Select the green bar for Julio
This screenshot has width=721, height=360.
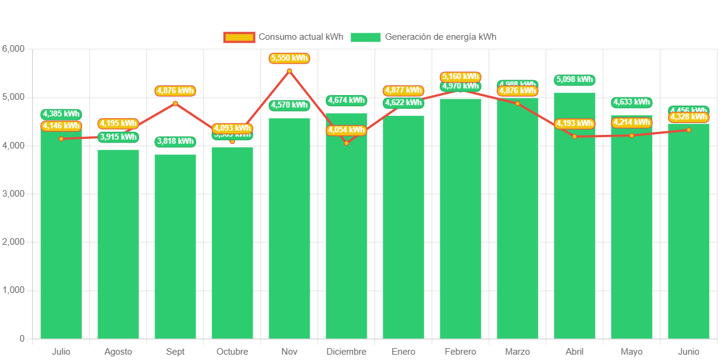click(x=61, y=238)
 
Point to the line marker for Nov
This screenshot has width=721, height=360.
click(x=289, y=71)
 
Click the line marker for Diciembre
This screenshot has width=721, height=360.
click(x=347, y=143)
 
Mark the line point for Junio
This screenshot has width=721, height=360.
click(x=689, y=130)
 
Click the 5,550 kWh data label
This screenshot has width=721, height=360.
click(x=289, y=58)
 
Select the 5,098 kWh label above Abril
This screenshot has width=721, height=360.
click(x=575, y=80)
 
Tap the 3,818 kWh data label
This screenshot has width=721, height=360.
click(x=175, y=141)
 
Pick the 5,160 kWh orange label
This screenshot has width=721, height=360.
click(x=461, y=77)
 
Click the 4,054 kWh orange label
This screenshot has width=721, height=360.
click(x=347, y=130)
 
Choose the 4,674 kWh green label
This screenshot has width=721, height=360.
click(x=347, y=100)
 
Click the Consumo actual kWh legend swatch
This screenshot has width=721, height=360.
click(x=239, y=37)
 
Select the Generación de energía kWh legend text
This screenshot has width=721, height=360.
click(x=440, y=37)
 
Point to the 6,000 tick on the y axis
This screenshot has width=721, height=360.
click(x=13, y=49)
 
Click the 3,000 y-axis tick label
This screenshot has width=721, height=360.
click(x=13, y=194)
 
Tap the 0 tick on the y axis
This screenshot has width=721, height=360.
click(x=21, y=339)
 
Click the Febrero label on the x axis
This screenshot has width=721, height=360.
click(x=461, y=352)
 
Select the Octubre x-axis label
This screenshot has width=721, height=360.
click(x=232, y=352)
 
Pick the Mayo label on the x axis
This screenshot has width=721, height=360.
click(x=632, y=352)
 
